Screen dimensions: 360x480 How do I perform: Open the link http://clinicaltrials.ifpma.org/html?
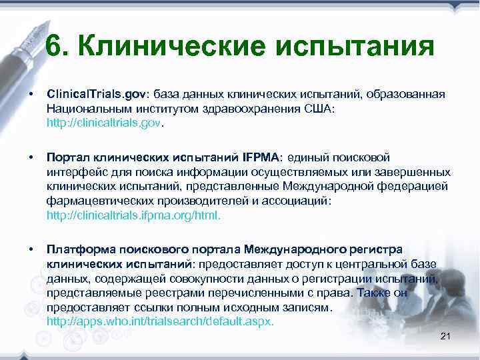point(133,216)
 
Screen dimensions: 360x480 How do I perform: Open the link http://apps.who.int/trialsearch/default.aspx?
point(160,321)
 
